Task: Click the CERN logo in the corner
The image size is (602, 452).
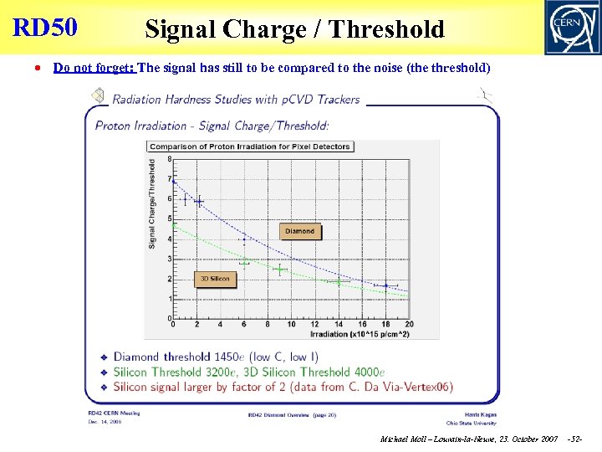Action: click(572, 27)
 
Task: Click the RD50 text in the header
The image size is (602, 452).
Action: click(45, 28)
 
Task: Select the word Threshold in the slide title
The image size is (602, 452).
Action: click(386, 29)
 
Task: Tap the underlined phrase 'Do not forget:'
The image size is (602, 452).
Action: click(94, 68)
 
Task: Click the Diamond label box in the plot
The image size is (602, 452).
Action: click(299, 231)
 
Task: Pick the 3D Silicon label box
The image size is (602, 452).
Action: click(215, 279)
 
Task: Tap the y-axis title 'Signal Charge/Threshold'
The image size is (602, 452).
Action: click(152, 205)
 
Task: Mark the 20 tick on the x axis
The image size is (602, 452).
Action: click(409, 325)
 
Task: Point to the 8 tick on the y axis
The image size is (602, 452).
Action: click(171, 161)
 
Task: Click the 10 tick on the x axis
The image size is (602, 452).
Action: click(291, 325)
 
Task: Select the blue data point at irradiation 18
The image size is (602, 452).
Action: click(385, 285)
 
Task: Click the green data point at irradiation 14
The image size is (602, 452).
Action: click(338, 283)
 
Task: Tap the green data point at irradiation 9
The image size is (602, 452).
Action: click(280, 270)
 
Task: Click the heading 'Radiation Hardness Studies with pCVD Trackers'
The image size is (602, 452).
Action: click(236, 100)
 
